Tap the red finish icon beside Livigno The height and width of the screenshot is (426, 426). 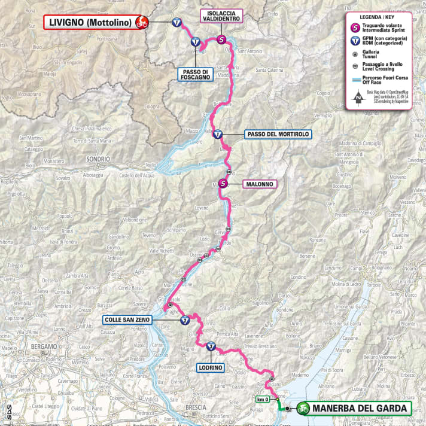(142, 23)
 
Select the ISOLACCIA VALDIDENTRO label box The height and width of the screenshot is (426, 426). (221, 16)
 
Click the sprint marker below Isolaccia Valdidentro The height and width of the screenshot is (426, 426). (222, 40)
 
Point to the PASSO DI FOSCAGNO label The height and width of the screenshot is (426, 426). (196, 74)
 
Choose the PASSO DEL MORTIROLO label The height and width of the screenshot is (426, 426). (277, 135)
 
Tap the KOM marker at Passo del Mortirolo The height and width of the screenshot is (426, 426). (218, 135)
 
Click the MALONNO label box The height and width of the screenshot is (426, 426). (260, 184)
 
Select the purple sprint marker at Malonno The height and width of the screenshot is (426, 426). (223, 184)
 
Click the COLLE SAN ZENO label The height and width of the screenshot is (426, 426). (127, 319)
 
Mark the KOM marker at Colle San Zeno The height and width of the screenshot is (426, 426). (185, 319)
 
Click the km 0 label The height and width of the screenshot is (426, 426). (261, 399)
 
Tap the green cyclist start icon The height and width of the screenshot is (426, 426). (303, 409)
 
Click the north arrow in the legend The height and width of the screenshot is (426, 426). (357, 96)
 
